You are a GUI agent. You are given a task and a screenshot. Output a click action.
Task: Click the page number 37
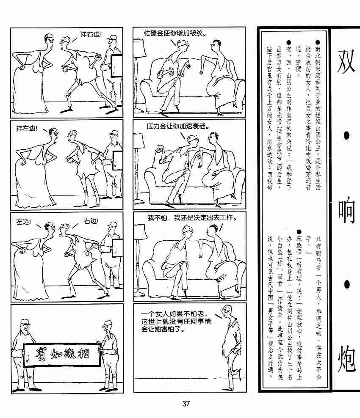(x=186, y=403)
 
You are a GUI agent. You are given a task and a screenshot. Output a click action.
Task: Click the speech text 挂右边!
(x=91, y=34)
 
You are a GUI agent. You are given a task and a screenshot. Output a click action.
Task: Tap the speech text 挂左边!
(x=27, y=128)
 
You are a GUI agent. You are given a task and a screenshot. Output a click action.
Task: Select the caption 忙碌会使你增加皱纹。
(x=175, y=33)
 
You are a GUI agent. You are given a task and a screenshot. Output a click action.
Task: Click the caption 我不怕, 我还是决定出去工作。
(x=192, y=218)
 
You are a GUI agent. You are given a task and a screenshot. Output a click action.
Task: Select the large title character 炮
(x=346, y=358)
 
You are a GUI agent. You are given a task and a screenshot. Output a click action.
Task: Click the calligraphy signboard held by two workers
(x=62, y=355)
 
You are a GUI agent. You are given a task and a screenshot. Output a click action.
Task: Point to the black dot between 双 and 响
(x=346, y=136)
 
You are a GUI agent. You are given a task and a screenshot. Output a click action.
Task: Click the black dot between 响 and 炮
(x=346, y=285)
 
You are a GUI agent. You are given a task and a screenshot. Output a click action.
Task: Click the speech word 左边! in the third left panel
(x=23, y=222)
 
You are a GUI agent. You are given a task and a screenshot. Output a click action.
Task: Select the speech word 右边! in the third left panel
(x=91, y=221)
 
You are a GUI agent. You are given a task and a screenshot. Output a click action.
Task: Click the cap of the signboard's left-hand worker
(x=25, y=322)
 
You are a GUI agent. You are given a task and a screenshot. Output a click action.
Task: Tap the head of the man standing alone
(x=227, y=310)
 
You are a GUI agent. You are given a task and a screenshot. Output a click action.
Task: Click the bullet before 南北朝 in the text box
(x=318, y=42)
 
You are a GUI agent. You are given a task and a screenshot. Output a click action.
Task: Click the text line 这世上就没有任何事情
(x=176, y=322)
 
